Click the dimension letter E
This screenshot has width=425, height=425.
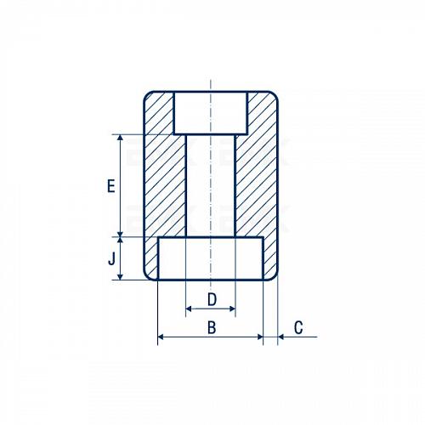111,186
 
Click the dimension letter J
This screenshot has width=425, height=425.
112,258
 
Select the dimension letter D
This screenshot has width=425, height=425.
212,299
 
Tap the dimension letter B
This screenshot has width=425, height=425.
212,327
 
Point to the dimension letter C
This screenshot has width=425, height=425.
298,327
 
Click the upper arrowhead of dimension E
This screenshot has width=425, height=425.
121,138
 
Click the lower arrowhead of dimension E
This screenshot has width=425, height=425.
121,234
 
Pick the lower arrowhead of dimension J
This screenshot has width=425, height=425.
121,276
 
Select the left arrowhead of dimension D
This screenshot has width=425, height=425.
189,309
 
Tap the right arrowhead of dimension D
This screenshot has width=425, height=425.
232,309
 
